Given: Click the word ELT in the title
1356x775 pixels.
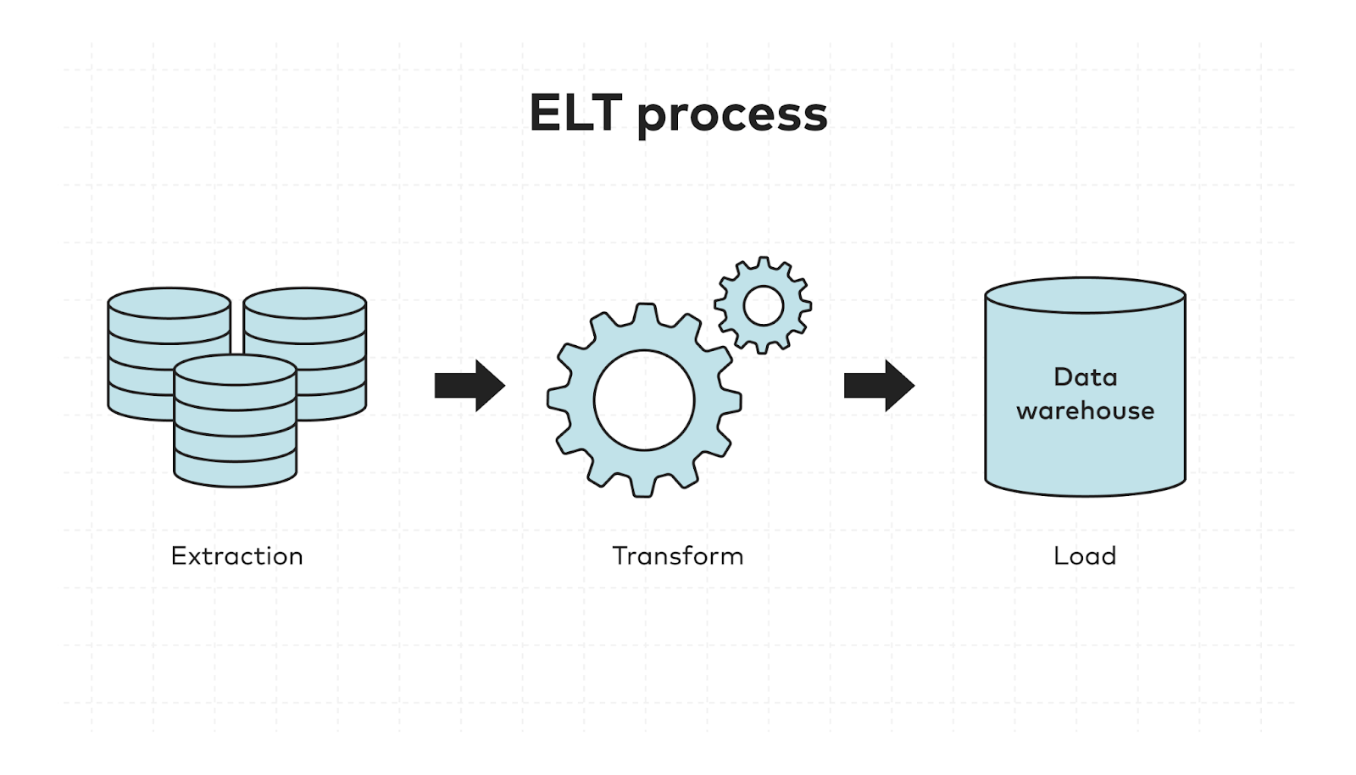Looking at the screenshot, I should pyautogui.click(x=575, y=114).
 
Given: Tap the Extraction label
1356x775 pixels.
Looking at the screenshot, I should pyautogui.click(x=236, y=556).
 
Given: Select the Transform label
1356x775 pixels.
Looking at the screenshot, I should pyautogui.click(x=677, y=556).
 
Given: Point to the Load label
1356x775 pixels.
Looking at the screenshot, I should pyautogui.click(x=1084, y=556).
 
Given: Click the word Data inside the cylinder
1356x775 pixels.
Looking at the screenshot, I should pyautogui.click(x=1085, y=377).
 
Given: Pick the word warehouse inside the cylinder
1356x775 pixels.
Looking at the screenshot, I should pyautogui.click(x=1085, y=411).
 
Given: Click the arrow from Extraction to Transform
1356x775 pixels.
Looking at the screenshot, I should pyautogui.click(x=470, y=386).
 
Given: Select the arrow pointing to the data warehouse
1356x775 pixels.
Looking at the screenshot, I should pyautogui.click(x=879, y=386).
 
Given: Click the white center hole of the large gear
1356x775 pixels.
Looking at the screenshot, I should pyautogui.click(x=644, y=400).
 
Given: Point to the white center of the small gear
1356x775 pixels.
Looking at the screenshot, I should pyautogui.click(x=763, y=305).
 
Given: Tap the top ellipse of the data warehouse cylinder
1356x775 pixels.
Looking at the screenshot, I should pyautogui.click(x=1085, y=295).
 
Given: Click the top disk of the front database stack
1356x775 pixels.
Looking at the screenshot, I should pyautogui.click(x=235, y=371).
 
